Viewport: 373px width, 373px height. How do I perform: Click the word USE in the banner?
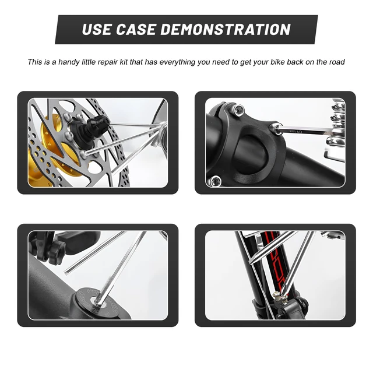pos(96,30)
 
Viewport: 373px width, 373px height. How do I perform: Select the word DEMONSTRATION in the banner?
pos(226,30)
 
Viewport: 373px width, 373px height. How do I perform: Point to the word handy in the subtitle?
pos(69,62)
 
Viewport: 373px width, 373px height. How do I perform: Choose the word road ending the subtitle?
pos(337,62)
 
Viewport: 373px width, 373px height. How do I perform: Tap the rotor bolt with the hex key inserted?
pos(84,154)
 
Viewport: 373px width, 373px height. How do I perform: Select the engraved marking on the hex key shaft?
pos(295,131)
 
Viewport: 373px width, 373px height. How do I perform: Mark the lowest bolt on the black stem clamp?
pos(215,181)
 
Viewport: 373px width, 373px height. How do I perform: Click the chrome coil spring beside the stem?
pos(338,122)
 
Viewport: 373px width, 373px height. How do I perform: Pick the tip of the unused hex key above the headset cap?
pos(66,273)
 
